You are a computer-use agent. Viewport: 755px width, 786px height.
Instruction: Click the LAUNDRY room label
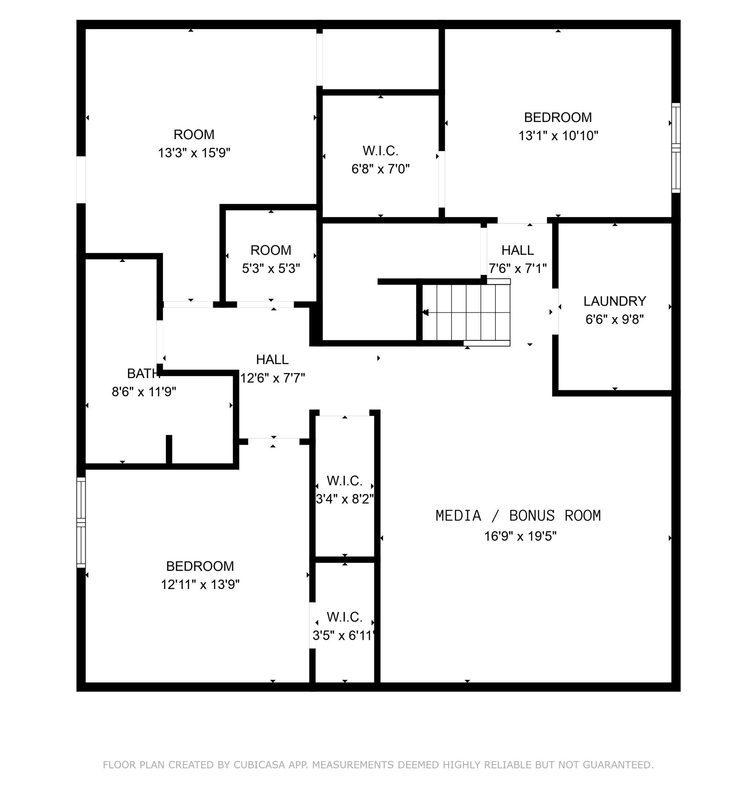click(614, 301)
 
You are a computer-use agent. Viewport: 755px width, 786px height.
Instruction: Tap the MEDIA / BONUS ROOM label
click(518, 515)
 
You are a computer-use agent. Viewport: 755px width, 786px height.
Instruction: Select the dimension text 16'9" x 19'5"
click(520, 536)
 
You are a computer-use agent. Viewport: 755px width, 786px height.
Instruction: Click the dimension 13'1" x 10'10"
click(558, 136)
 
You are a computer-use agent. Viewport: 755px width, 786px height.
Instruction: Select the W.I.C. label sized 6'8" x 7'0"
click(380, 151)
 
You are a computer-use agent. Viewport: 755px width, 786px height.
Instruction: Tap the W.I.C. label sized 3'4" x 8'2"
click(344, 480)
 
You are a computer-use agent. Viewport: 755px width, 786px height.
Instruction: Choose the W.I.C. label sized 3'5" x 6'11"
click(344, 617)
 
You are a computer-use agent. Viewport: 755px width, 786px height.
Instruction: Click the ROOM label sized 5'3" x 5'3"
click(271, 250)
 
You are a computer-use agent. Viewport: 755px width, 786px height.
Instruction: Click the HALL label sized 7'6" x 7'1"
click(517, 250)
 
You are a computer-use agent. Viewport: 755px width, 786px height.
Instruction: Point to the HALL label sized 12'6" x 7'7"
click(272, 359)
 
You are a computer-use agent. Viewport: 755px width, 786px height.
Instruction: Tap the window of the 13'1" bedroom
click(676, 147)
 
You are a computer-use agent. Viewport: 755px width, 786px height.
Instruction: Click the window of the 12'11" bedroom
click(81, 522)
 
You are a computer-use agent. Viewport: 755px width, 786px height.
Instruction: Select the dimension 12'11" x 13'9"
click(200, 585)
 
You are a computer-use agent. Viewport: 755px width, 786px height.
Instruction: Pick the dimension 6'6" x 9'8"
click(614, 320)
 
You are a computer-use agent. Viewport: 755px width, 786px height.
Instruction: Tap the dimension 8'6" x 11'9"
click(144, 392)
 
